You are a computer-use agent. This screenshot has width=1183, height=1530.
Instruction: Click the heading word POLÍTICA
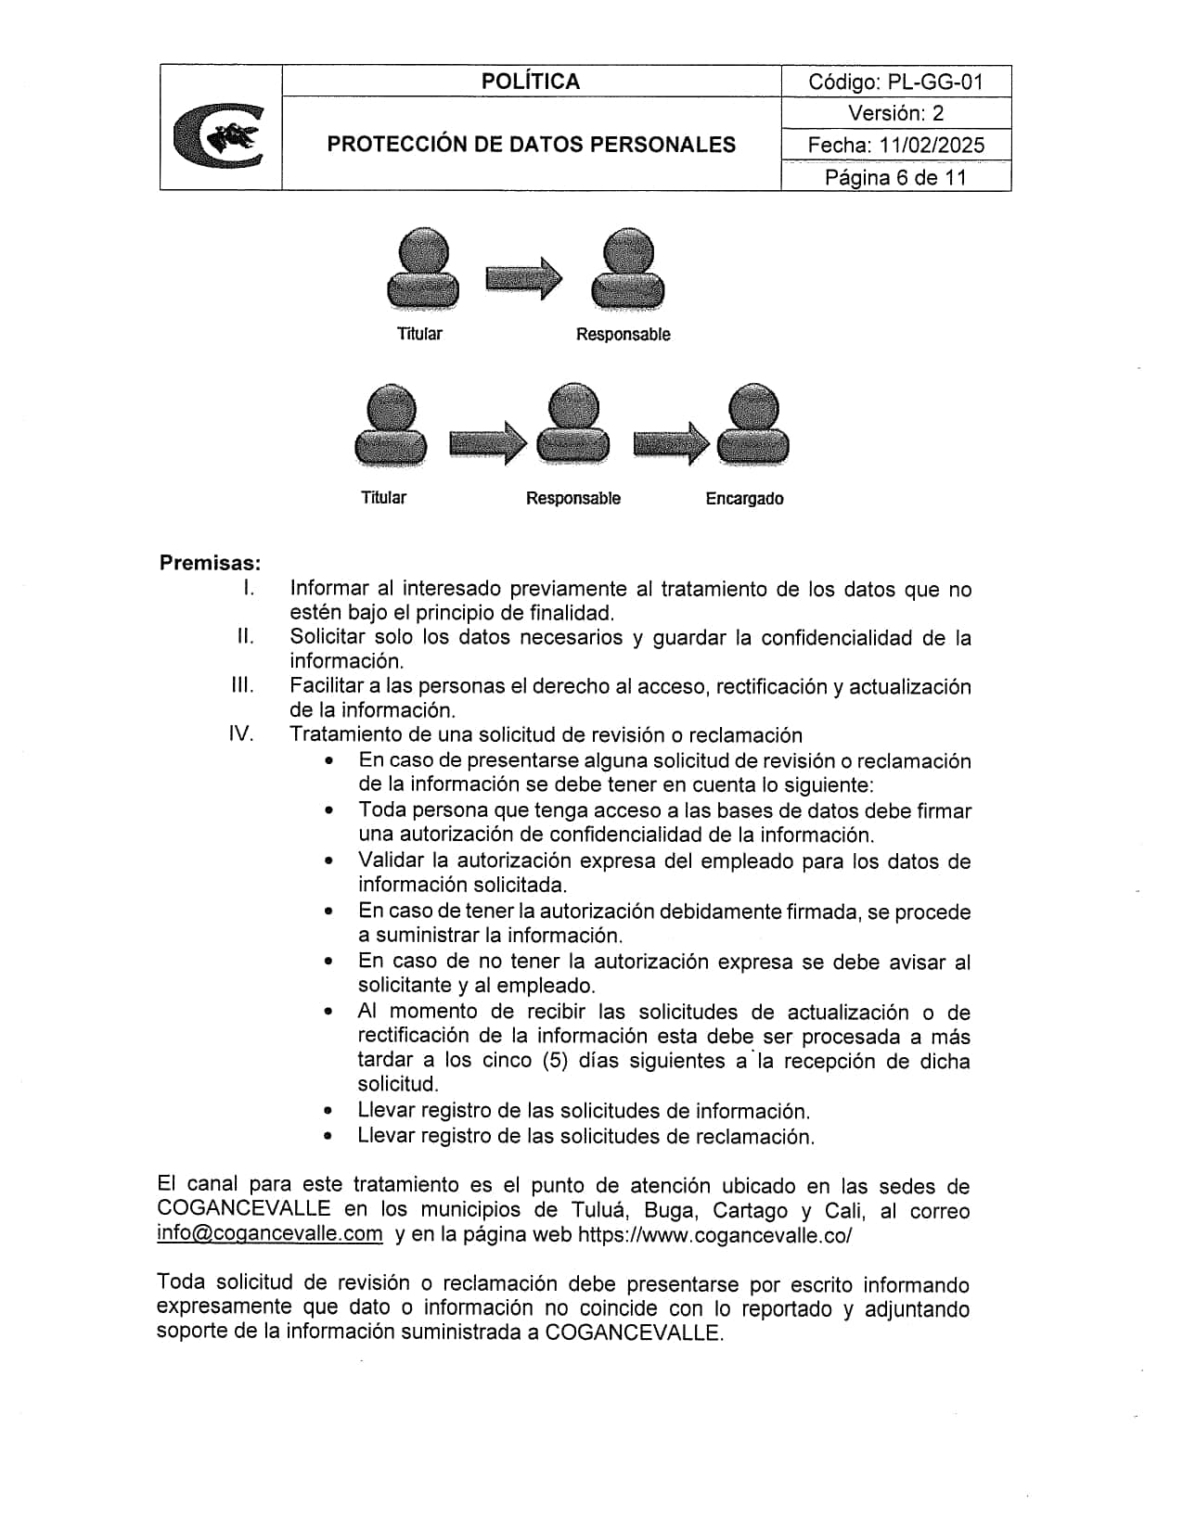pyautogui.click(x=531, y=82)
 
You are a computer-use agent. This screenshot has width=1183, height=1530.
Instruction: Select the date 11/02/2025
pyautogui.click(x=929, y=145)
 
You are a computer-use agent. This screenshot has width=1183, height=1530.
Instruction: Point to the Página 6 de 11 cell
pyautogui.click(x=895, y=177)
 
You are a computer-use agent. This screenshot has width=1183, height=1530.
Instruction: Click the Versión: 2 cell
pyautogui.click(x=895, y=113)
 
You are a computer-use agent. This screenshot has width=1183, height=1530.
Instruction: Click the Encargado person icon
pyautogui.click(x=754, y=426)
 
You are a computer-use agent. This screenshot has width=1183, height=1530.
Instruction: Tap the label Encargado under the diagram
pyautogui.click(x=744, y=499)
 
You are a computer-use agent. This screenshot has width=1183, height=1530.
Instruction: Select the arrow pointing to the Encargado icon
pyautogui.click(x=670, y=443)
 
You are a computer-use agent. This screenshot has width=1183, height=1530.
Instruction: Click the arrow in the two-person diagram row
pyautogui.click(x=523, y=277)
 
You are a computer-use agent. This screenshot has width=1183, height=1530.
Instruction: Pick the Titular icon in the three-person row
pyautogui.click(x=391, y=426)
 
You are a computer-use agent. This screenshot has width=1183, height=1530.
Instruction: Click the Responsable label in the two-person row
pyautogui.click(x=623, y=335)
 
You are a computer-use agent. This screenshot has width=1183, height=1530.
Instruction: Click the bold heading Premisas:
pyautogui.click(x=210, y=563)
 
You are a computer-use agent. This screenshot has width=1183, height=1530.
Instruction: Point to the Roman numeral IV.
pyautogui.click(x=241, y=734)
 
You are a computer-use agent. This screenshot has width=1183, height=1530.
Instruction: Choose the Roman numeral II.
pyautogui.click(x=245, y=636)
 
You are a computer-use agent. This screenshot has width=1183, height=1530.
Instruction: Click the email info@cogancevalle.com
pyautogui.click(x=270, y=1234)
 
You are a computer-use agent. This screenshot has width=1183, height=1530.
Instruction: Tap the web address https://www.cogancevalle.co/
pyautogui.click(x=714, y=1235)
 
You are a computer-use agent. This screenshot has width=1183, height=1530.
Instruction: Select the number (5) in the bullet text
pyautogui.click(x=554, y=1061)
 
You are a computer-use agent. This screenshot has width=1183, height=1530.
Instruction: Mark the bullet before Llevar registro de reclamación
pyautogui.click(x=328, y=1136)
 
